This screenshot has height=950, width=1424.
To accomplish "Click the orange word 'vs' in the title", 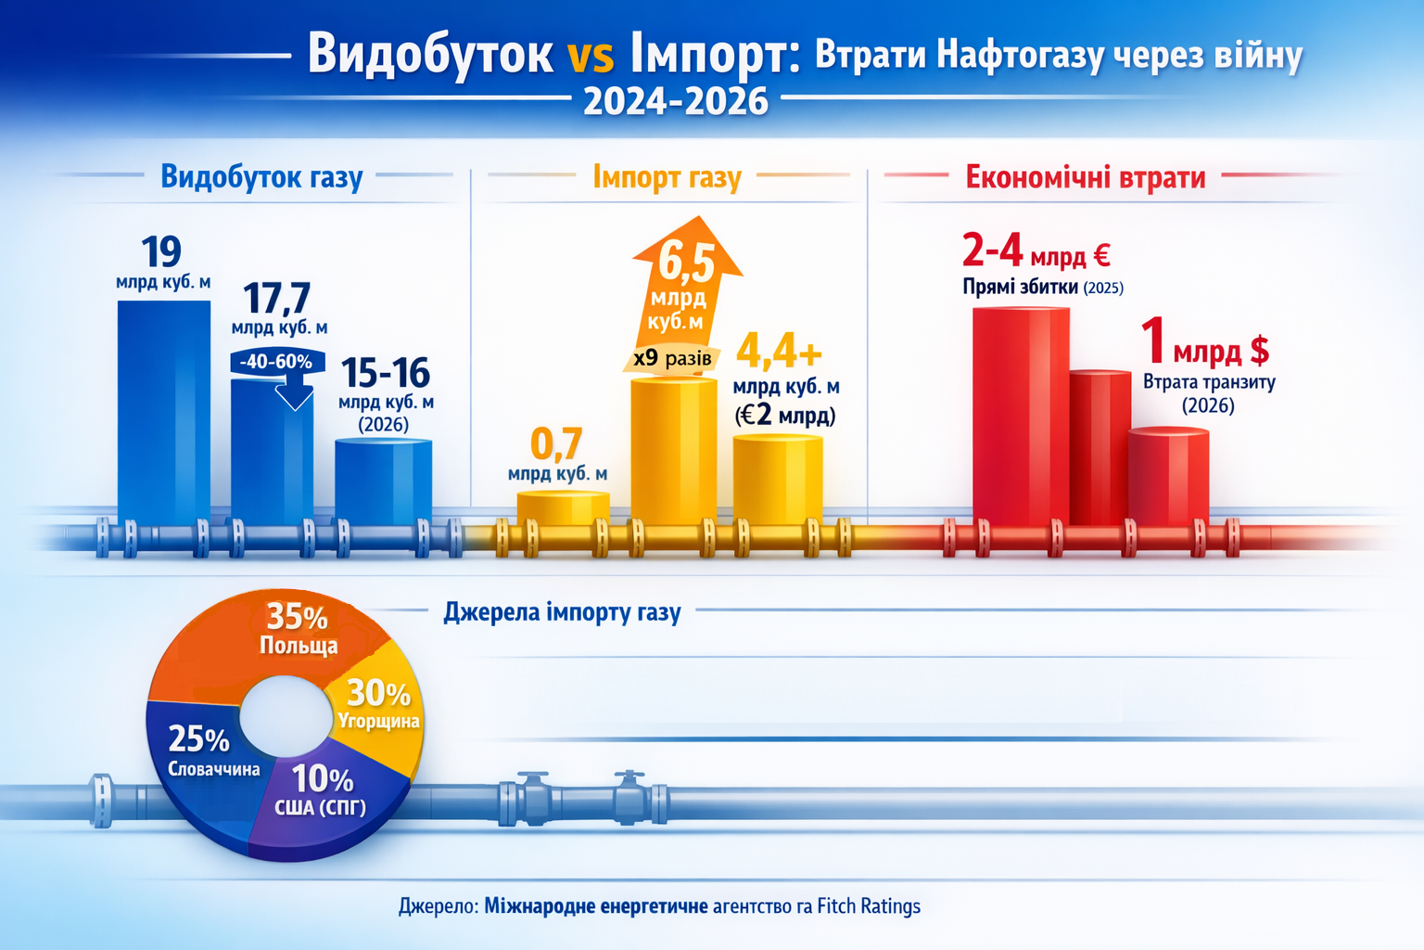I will coord(591,56).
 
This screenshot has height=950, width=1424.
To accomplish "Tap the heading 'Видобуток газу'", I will coord(261,176).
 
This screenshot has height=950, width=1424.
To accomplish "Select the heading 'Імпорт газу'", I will coord(667,176).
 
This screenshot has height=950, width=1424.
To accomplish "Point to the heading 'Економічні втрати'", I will coord(1085,176).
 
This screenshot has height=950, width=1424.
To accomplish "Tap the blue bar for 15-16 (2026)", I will coord(383,482).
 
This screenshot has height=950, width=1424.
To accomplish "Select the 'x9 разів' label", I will coord(672,358).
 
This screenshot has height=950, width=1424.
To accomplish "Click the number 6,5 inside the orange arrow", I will coord(687,263).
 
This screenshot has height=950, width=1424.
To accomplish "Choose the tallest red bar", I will coord(1020,417).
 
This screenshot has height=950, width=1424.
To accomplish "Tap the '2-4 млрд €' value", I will coord(1036,251).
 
